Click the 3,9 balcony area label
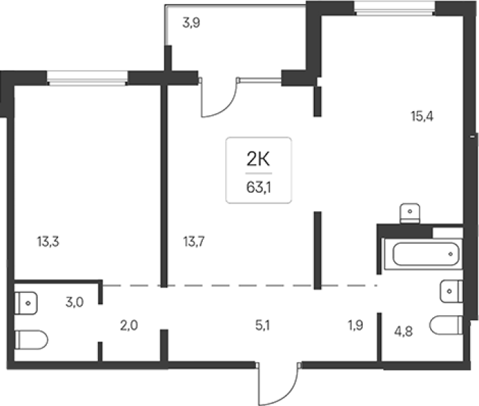point(191,23)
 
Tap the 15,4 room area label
point(422,116)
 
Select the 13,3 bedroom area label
point(48,242)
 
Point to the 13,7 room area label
point(194,242)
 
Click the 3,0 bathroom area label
point(75,302)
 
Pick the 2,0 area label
point(129,326)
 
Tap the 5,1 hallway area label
point(262,326)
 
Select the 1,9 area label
point(356,326)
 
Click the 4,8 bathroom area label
point(403,331)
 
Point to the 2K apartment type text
point(258,159)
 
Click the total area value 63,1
point(259,187)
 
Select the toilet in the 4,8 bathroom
point(445,325)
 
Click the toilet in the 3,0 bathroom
point(31,340)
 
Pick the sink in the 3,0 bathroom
point(26,303)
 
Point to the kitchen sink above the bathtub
point(410,213)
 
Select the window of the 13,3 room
point(87,78)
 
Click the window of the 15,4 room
point(394,8)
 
